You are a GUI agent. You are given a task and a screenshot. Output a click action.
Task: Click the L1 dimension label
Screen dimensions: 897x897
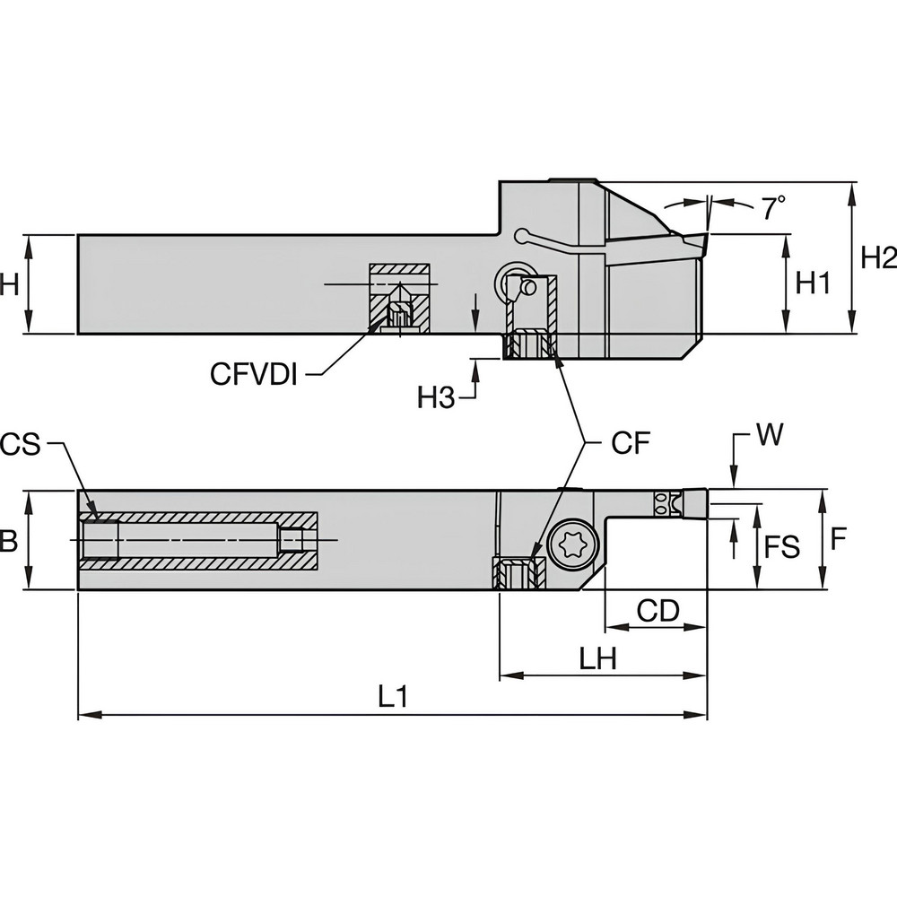pos(392,696)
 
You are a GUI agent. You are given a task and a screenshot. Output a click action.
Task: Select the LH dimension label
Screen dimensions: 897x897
pos(597,659)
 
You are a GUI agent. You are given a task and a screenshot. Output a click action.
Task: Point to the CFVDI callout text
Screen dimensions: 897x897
pos(254,374)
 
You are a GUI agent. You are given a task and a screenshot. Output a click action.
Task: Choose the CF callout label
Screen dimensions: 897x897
pos(629,444)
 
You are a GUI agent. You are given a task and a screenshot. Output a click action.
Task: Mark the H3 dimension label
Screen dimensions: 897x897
pos(437,397)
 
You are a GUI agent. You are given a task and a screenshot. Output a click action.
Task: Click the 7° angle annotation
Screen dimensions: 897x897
pos(773,209)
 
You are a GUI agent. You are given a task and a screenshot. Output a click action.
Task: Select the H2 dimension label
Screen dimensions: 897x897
pos(878,257)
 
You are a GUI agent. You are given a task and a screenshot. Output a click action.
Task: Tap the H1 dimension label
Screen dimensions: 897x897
pos(814,283)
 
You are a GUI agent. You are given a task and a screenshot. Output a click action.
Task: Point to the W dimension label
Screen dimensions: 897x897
pos(768,436)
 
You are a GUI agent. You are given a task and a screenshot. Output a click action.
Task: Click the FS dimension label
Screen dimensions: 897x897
pos(780,546)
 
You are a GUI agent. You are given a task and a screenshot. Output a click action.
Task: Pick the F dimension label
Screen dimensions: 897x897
pos(838,538)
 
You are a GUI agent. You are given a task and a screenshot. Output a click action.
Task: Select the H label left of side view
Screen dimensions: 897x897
pos(9,284)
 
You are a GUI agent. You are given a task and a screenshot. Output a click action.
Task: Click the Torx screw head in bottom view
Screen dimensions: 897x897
pos(569,545)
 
